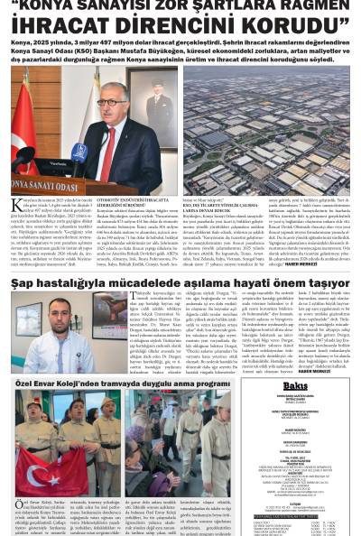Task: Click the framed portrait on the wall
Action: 145,84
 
